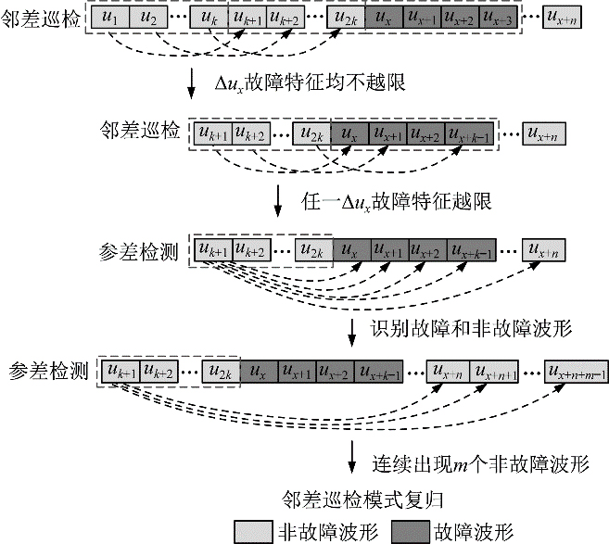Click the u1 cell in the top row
pos(108,17)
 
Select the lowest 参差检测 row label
pos(46,371)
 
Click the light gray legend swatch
pos(249,529)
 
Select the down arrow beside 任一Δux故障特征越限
pos(278,198)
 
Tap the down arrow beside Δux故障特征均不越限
pos(193,82)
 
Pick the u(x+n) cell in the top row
pos(559,17)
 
